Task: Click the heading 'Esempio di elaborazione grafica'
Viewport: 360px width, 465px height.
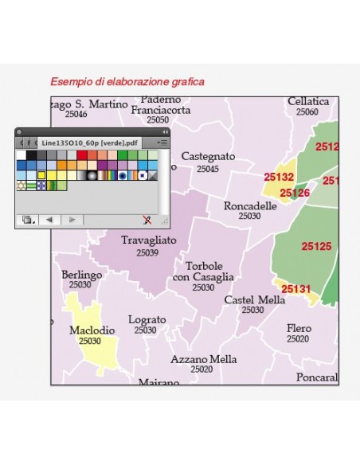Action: click(x=127, y=81)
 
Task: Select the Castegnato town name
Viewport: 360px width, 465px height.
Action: click(x=208, y=157)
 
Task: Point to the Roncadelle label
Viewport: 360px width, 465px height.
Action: click(x=250, y=205)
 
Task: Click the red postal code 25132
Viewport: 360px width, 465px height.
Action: click(x=280, y=178)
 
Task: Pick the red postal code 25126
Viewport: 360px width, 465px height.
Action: click(x=295, y=193)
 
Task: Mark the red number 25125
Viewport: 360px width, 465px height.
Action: click(x=316, y=247)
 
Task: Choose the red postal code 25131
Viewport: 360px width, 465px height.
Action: click(x=295, y=289)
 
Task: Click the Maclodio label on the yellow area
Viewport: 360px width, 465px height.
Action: click(x=92, y=330)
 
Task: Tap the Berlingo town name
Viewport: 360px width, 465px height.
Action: click(x=81, y=275)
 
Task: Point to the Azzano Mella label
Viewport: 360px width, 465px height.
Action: click(x=203, y=359)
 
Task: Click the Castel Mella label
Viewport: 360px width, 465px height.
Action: click(x=254, y=300)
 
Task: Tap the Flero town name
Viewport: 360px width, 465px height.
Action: click(x=299, y=327)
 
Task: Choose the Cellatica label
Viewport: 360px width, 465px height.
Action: click(x=307, y=102)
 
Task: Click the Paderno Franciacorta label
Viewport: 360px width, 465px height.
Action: click(x=162, y=105)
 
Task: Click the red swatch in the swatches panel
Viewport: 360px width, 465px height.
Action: click(x=82, y=154)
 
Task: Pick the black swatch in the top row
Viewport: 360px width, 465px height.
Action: click(x=30, y=154)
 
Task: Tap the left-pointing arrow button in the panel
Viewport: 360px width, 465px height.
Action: click(x=49, y=219)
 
